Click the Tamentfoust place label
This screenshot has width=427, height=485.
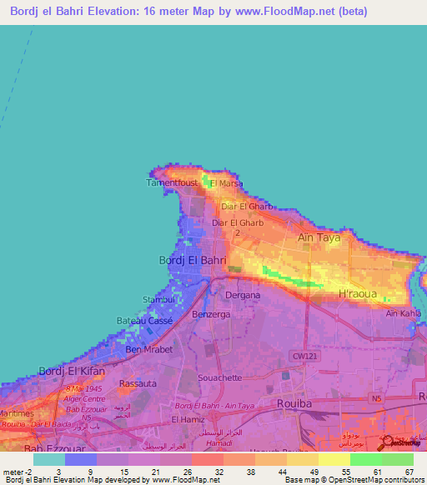[x=173, y=182]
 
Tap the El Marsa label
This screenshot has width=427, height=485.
[x=227, y=183]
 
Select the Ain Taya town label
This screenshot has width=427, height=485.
[x=319, y=238]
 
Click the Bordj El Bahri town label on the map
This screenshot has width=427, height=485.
[x=193, y=260]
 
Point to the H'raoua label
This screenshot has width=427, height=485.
[x=358, y=293]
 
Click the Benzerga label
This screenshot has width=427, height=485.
[x=211, y=314]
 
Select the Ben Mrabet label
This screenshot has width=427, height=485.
[x=148, y=349]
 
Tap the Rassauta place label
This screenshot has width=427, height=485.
[x=138, y=383]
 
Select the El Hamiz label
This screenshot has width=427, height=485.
[x=188, y=420]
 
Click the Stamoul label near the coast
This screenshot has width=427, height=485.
[x=158, y=298]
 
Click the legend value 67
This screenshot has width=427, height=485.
[x=408, y=472]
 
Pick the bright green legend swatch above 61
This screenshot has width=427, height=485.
[x=365, y=459]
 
